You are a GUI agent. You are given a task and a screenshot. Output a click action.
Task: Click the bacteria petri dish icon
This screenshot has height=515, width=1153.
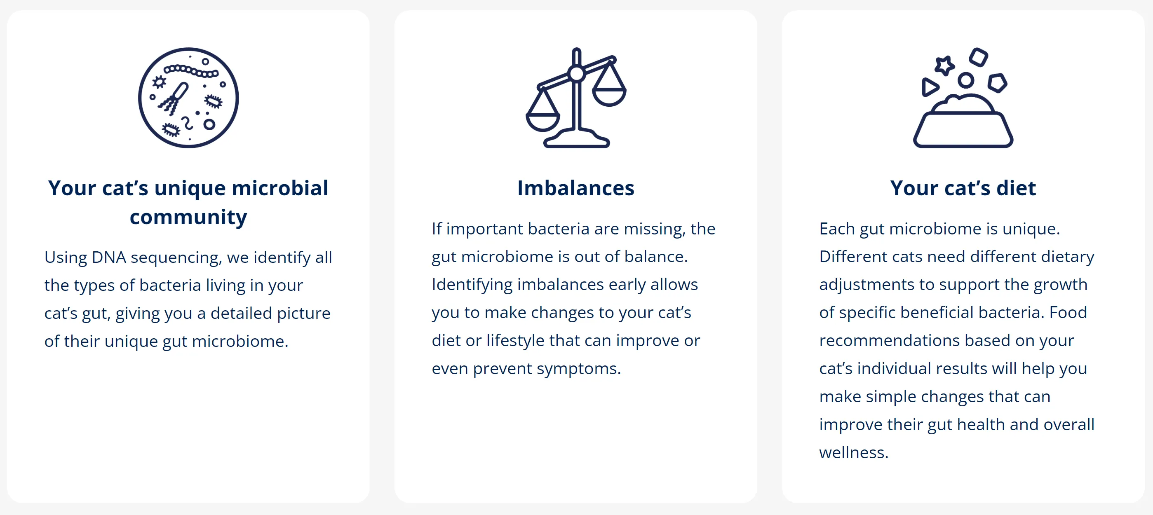pos(188,98)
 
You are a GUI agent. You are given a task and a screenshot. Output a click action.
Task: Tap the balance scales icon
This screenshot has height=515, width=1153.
pos(576,98)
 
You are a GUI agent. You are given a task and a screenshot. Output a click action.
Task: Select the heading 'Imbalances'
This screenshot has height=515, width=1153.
pos(576,188)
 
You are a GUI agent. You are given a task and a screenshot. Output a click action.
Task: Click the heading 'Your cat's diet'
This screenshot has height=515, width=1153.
pos(963,188)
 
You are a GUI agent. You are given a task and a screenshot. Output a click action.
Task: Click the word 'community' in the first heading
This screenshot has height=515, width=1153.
pos(188,218)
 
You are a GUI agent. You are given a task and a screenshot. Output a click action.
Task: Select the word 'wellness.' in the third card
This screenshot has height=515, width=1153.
pos(854,452)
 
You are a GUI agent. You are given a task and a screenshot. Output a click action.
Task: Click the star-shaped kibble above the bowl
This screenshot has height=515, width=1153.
pos(944,66)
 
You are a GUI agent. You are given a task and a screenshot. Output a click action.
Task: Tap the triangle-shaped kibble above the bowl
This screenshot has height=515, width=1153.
pos(929,87)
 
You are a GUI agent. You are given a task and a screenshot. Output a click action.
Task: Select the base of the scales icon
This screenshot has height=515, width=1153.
pos(576,139)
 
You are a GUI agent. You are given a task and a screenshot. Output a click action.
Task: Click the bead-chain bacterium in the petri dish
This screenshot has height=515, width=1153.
pos(191,71)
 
